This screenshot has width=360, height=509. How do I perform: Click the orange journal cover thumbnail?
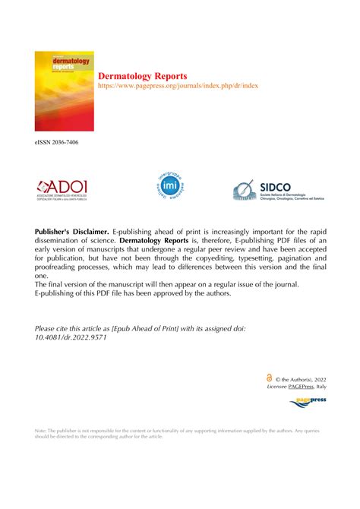pyautogui.click(x=64, y=91)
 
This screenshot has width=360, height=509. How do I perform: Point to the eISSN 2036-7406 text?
pyautogui.click(x=56, y=142)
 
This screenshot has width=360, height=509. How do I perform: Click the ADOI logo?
pyautogui.click(x=65, y=190)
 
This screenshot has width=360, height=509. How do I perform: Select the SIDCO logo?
pyautogui.click(x=279, y=191)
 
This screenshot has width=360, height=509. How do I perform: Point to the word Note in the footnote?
pyautogui.click(x=41, y=431)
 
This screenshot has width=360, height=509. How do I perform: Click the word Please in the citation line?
pyautogui.click(x=47, y=328)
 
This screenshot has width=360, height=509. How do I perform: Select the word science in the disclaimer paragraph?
pyautogui.click(x=124, y=240)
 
